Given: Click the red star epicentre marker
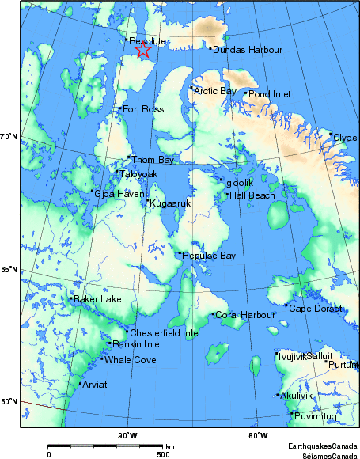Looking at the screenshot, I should [x=142, y=50].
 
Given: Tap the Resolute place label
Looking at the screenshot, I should [x=147, y=40].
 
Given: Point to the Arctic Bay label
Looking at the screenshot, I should [x=215, y=91].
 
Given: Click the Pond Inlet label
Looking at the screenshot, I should [x=270, y=94].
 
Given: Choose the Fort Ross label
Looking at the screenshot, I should [x=143, y=108].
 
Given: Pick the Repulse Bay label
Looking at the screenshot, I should [x=209, y=256].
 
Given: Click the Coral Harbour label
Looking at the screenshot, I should [x=245, y=315].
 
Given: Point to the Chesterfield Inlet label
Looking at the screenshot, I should [x=165, y=333].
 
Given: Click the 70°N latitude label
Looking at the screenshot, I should [x=9, y=138].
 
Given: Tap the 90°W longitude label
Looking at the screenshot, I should [x=127, y=436].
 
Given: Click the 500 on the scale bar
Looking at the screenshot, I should [x=163, y=454].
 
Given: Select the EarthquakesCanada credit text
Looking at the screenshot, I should [x=321, y=446].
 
